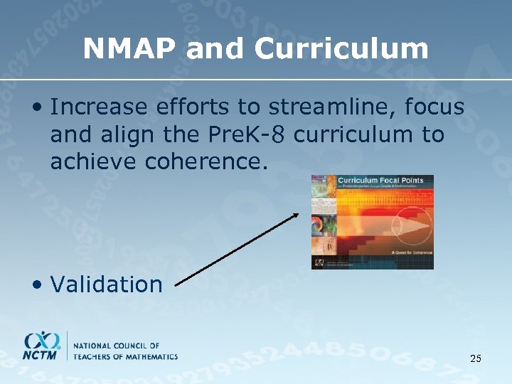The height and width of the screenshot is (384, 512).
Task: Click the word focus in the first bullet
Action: [x=434, y=107]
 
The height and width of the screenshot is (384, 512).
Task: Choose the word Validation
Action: [x=107, y=284]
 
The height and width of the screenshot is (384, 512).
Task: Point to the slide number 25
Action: [x=476, y=358]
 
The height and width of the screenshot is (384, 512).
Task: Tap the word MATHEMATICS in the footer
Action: [x=151, y=356]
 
